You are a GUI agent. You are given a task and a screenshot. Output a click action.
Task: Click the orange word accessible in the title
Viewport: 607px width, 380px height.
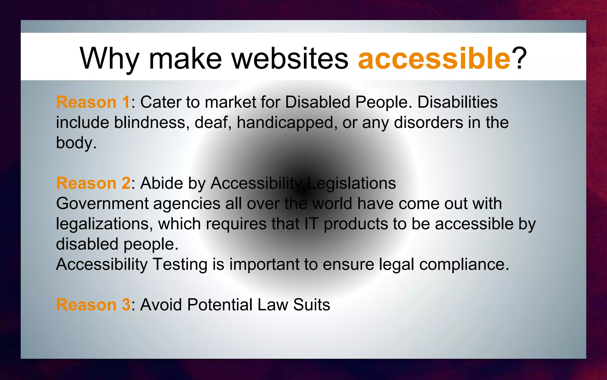[434, 58]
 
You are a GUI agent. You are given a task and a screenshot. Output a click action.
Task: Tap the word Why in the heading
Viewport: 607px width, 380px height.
[109, 59]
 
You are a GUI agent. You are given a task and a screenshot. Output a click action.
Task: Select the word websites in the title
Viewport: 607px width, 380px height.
[290, 58]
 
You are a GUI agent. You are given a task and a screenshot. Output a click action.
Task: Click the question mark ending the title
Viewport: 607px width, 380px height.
[520, 58]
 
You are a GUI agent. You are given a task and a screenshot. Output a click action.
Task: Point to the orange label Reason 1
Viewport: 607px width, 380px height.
[93, 102]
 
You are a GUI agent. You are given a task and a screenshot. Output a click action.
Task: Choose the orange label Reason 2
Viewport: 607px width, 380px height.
[93, 183]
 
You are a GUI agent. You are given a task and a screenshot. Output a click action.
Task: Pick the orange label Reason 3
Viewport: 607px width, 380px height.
[93, 305]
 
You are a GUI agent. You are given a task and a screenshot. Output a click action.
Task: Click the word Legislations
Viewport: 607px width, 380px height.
[352, 183]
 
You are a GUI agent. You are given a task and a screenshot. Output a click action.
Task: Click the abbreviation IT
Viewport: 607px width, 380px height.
[312, 224]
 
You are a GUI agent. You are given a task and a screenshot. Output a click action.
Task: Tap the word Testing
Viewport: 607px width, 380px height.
[180, 265]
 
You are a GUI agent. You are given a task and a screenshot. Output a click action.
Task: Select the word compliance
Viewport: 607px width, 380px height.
[462, 265]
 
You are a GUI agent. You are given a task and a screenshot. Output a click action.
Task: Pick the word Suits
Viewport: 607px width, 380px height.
[312, 305]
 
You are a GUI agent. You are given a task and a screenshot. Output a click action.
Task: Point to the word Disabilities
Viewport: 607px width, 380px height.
[457, 102]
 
